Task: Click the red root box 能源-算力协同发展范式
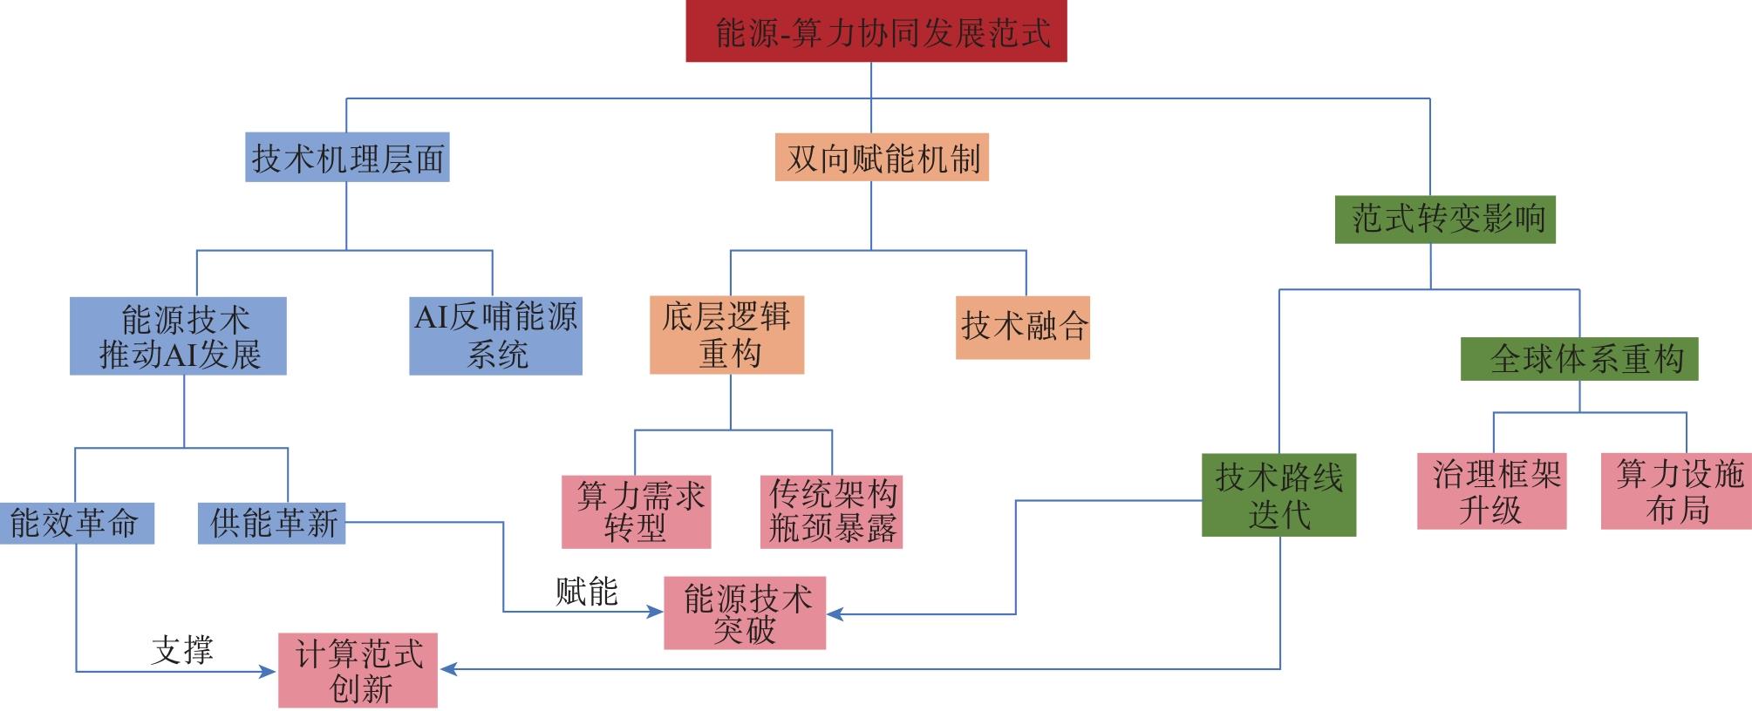point(876,32)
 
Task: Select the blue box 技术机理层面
point(347,158)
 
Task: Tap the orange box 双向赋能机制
point(882,158)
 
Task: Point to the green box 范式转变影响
point(1445,219)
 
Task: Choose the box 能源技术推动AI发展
point(178,336)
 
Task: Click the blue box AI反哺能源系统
point(495,336)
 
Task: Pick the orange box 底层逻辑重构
point(726,335)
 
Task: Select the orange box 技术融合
point(1023,327)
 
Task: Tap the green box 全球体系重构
point(1579,358)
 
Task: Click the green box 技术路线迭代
point(1278,494)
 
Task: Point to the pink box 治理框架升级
point(1491,491)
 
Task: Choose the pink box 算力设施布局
point(1676,491)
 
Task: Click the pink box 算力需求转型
point(636,511)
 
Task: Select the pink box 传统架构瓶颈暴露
point(831,511)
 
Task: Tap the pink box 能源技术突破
point(745,613)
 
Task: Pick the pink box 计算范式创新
point(358,670)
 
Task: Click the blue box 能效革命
point(76,523)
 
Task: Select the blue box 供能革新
point(271,523)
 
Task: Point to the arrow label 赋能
point(587,592)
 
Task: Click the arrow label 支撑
point(181,650)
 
